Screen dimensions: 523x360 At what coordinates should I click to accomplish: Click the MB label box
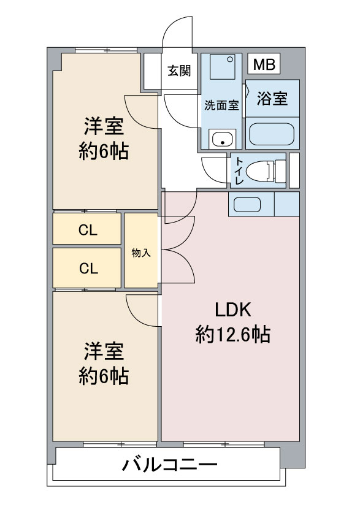(264, 64)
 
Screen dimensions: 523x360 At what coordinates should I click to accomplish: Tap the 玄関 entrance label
(179, 71)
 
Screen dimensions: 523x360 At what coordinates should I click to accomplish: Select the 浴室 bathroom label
(272, 99)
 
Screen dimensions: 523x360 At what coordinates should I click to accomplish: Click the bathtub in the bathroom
(272, 134)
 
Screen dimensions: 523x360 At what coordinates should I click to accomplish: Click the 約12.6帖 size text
(233, 335)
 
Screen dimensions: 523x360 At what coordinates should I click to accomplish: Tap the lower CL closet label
(88, 268)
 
